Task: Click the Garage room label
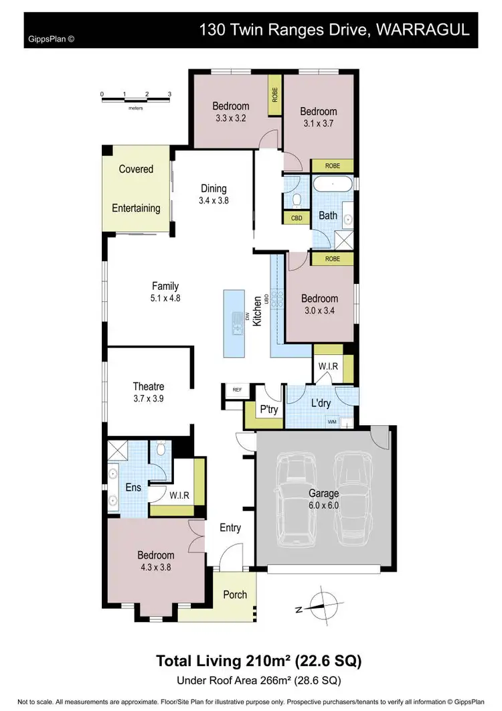pyautogui.click(x=323, y=493)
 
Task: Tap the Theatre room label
pyautogui.click(x=149, y=386)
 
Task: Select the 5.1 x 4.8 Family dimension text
pyautogui.click(x=165, y=299)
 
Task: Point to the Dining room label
pyautogui.click(x=214, y=188)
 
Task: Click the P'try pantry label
pyautogui.click(x=270, y=410)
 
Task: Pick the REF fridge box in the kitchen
pyautogui.click(x=236, y=388)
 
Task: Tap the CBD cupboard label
pyautogui.click(x=296, y=218)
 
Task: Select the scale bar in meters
pyautogui.click(x=136, y=99)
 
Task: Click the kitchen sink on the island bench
pyautogui.click(x=237, y=323)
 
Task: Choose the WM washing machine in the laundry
pyautogui.click(x=332, y=422)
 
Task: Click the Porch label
pyautogui.click(x=235, y=595)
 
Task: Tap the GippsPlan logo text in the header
pyautogui.click(x=51, y=39)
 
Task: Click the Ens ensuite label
pyautogui.click(x=133, y=487)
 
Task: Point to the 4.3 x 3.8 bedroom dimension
pyautogui.click(x=156, y=567)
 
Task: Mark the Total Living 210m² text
pyautogui.click(x=258, y=661)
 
